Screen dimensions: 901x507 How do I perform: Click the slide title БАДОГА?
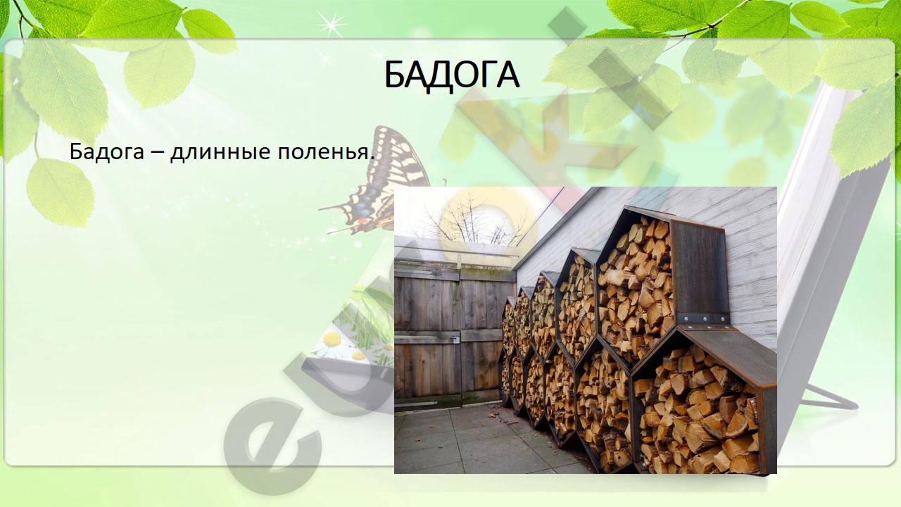point(452,75)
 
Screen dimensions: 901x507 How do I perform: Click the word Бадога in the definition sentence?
point(106,151)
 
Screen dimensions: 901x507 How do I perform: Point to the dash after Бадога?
point(156,154)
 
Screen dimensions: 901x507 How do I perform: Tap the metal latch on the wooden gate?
point(455,340)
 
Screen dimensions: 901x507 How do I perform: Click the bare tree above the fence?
point(474,221)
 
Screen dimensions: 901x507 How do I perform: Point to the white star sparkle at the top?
point(331,24)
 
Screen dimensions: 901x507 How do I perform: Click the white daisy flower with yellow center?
point(332,343)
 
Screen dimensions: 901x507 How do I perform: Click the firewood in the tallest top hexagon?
point(635,289)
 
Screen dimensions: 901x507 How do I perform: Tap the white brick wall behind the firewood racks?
point(744,261)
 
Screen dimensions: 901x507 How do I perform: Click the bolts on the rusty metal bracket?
point(702,319)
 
